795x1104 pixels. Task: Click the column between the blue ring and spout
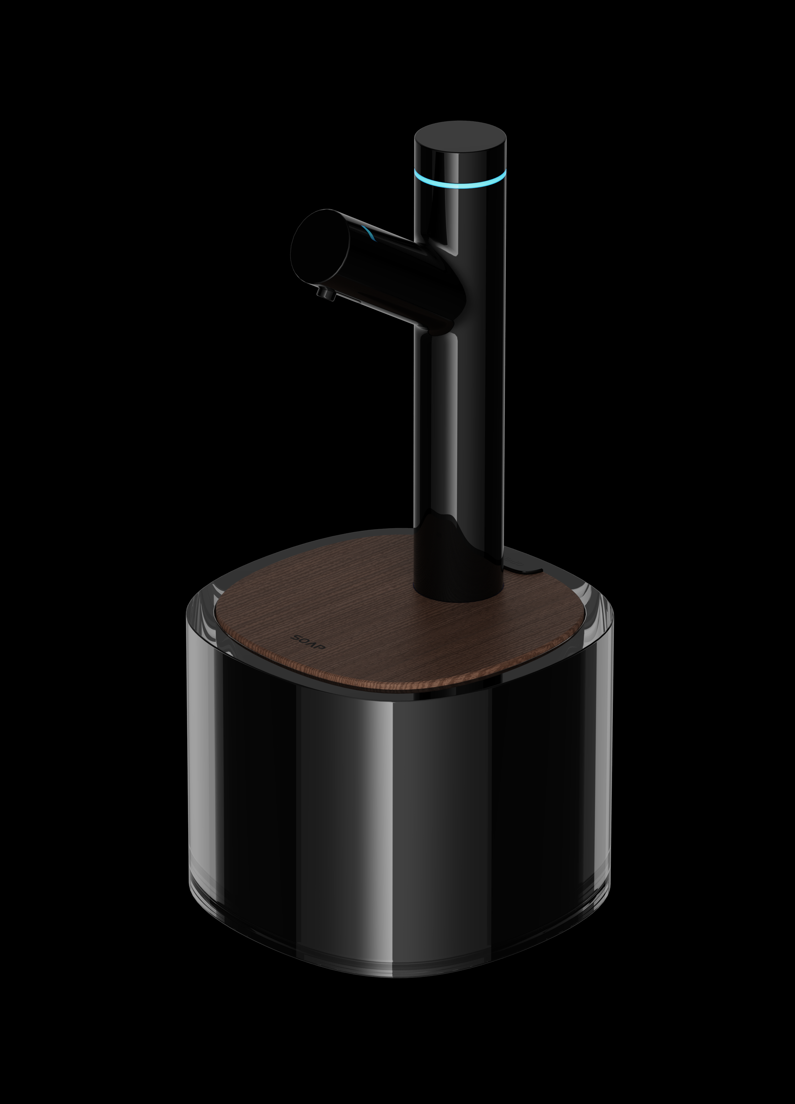click(x=460, y=214)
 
